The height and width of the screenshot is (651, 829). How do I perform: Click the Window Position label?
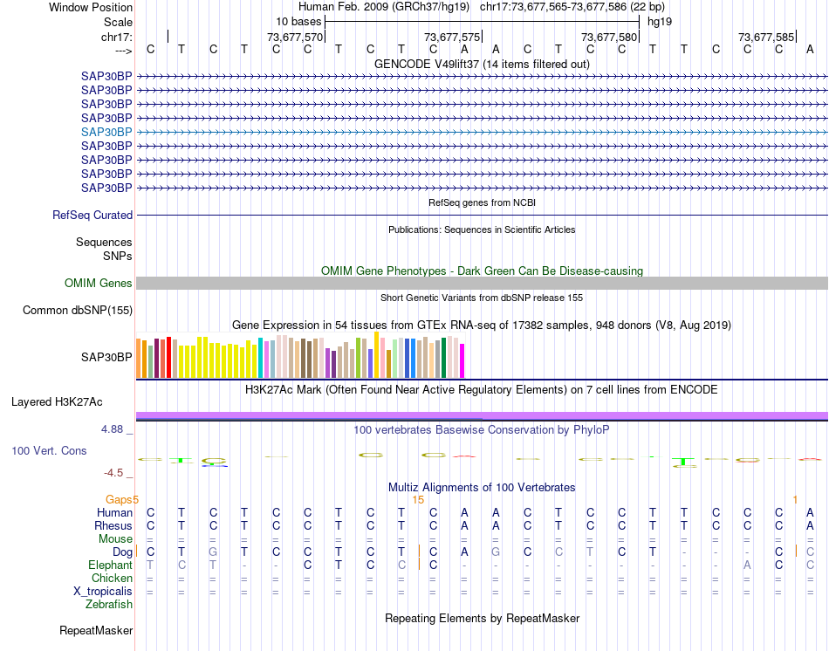[91, 7]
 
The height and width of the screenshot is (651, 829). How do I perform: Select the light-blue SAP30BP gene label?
[106, 132]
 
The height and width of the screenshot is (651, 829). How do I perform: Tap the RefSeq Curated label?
[92, 216]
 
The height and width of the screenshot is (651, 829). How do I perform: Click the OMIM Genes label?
[99, 284]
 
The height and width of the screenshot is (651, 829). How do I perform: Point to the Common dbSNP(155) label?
[78, 311]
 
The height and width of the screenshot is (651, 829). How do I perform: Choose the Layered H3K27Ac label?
[57, 402]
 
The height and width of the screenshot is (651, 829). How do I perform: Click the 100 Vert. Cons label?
[49, 451]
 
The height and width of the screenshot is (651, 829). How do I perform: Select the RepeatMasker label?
[96, 630]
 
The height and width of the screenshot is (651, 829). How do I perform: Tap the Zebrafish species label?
[109, 604]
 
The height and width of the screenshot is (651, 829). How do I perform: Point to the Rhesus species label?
[113, 525]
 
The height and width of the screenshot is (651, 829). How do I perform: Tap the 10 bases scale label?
[298, 21]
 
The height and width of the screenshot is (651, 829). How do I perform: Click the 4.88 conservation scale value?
[113, 429]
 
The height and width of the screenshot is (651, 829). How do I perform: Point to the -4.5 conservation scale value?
[113, 473]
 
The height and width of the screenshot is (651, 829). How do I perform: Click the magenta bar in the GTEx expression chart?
[462, 361]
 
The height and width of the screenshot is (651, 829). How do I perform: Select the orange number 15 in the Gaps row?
[418, 499]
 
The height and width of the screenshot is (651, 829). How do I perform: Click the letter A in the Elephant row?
[747, 565]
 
